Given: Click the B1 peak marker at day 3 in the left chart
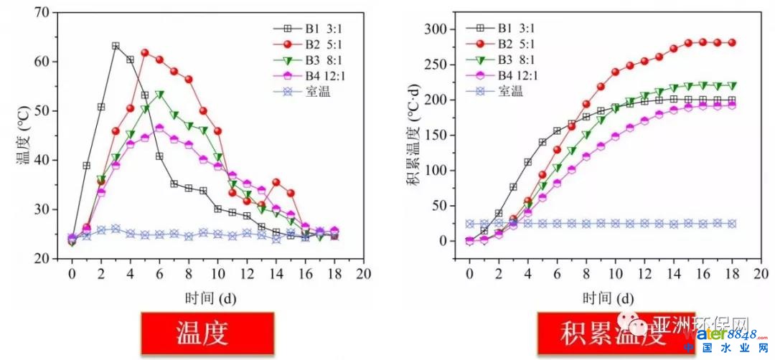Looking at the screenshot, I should pyautogui.click(x=116, y=46).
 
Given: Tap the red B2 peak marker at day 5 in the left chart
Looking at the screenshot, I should pyautogui.click(x=145, y=52).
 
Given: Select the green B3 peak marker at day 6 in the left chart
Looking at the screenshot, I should pyautogui.click(x=159, y=95).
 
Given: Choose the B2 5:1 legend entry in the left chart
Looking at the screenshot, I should pyautogui.click(x=316, y=44).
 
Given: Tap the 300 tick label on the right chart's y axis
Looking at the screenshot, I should pyautogui.click(x=438, y=29).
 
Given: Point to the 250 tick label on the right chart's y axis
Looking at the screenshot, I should pyautogui.click(x=438, y=65).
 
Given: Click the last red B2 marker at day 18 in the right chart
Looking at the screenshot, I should pyautogui.click(x=732, y=42).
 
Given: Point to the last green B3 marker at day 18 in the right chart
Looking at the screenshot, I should pyautogui.click(x=732, y=85).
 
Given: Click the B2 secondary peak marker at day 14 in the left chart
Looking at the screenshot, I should pyautogui.click(x=276, y=182).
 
